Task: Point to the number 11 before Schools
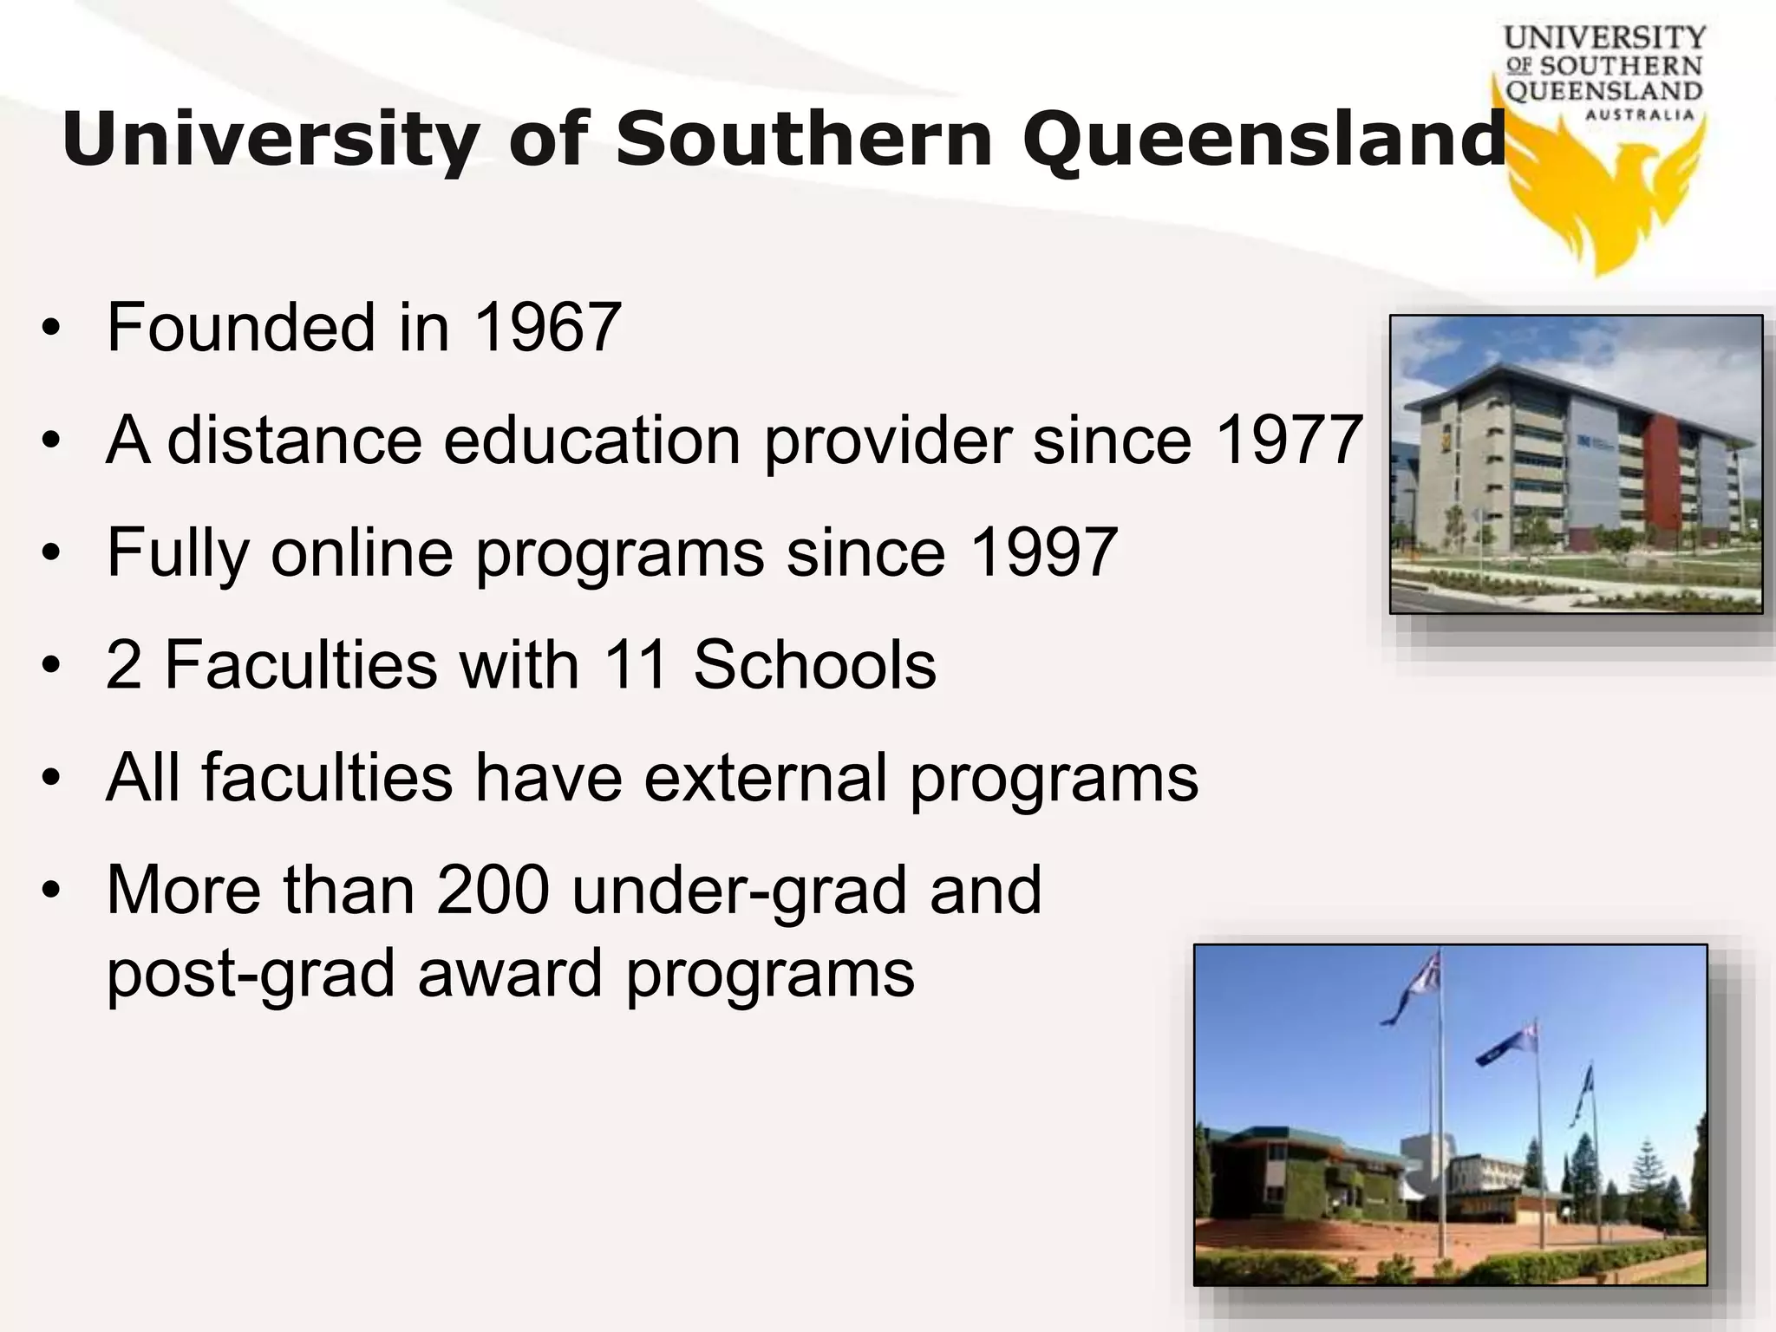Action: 636,665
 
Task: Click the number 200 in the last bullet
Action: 493,890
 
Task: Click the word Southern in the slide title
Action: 803,139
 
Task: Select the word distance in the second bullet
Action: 294,441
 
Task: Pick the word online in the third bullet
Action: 362,552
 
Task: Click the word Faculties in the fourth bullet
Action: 301,665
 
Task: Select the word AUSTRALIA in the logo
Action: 1639,115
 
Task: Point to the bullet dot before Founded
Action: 52,330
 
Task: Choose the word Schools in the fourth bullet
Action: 814,665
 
